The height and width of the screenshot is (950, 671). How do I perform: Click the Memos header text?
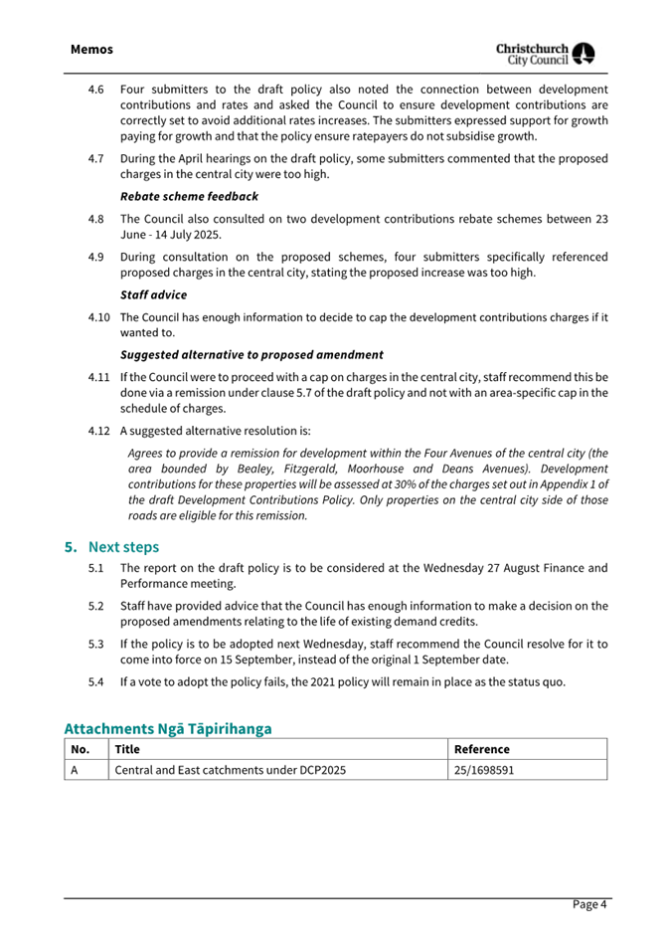(x=91, y=49)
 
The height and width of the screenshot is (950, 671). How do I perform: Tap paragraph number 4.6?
(x=96, y=90)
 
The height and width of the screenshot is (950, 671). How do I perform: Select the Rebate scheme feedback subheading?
(x=189, y=197)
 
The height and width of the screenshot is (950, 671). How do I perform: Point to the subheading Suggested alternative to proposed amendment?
(x=252, y=354)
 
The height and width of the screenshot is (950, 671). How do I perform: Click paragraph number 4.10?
(x=98, y=318)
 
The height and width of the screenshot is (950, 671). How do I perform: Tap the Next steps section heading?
(x=123, y=546)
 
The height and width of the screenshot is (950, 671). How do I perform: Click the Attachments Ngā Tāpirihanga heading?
(x=168, y=728)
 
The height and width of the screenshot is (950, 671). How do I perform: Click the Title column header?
(x=128, y=749)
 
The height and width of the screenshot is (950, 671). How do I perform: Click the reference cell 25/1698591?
(x=484, y=769)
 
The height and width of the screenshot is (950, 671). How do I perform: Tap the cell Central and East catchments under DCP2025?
(x=231, y=769)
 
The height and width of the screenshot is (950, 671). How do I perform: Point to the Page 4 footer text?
(x=589, y=904)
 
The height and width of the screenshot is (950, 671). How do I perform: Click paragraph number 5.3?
(x=96, y=644)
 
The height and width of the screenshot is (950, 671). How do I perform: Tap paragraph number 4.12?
(x=98, y=431)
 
